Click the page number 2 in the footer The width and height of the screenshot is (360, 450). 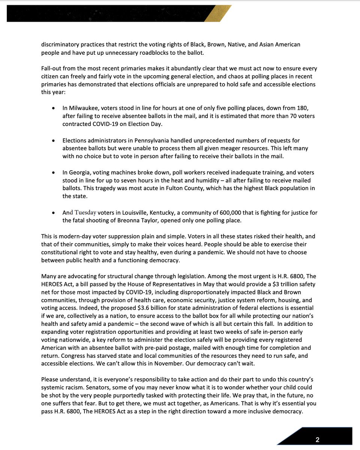click(317, 439)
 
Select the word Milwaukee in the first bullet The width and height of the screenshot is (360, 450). click(84, 109)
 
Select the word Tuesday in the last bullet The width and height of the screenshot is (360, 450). click(85, 213)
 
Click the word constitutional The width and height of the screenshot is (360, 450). click(62, 252)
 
